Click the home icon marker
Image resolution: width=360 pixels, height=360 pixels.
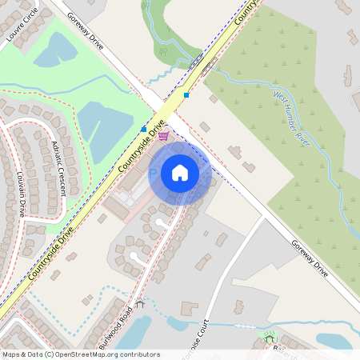pos(180,172)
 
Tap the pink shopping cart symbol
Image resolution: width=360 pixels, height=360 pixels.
pos(163,136)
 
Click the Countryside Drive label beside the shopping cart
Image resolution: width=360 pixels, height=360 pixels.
pos(141,147)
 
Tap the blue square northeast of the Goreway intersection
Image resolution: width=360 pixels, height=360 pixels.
pos(186,95)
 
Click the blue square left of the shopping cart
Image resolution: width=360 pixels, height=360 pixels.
pos(144,129)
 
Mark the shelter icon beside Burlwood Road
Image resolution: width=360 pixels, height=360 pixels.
pos(141,303)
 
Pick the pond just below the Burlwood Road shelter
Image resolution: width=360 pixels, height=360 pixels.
pos(134,329)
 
